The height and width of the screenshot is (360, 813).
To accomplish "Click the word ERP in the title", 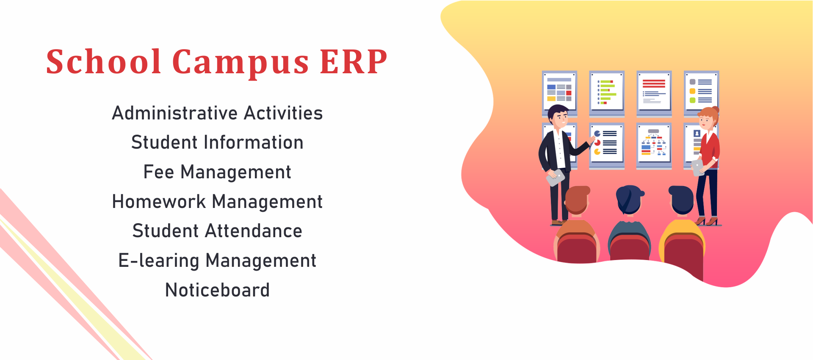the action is pyautogui.click(x=353, y=62).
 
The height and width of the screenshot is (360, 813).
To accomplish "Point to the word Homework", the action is pyautogui.click(x=159, y=201).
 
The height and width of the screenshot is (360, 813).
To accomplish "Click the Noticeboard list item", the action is pyautogui.click(x=217, y=290).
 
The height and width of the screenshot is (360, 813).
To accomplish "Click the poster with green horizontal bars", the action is pyautogui.click(x=607, y=93).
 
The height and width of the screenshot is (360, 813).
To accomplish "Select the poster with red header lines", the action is pyautogui.click(x=654, y=93).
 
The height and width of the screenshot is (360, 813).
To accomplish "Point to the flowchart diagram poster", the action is pyautogui.click(x=654, y=146).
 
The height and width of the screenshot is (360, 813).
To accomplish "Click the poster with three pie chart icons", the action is pyautogui.click(x=607, y=146).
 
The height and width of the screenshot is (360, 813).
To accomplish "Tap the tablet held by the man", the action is pyautogui.click(x=556, y=177).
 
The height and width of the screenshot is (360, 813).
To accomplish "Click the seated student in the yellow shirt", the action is pyautogui.click(x=682, y=231).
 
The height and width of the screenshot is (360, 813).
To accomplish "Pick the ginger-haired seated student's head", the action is pyautogui.click(x=577, y=199).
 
